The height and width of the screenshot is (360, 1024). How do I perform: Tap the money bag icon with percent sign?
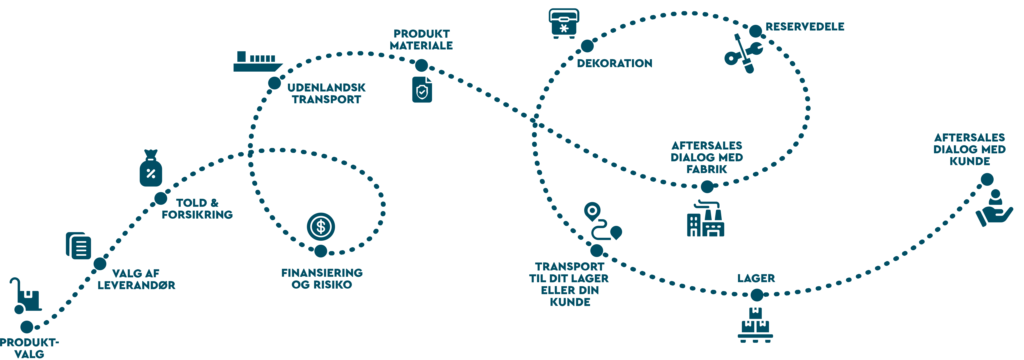pos(151,168)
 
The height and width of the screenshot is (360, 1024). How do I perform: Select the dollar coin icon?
pos(321,227)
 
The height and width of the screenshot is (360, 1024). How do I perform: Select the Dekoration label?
pos(615,63)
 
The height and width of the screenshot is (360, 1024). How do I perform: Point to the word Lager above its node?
pos(756,278)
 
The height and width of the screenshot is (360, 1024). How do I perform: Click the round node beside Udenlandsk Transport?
pos(274,83)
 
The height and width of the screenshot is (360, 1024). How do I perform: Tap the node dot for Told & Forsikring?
pos(161,198)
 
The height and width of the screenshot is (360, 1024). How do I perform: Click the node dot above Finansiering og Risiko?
pos(320,251)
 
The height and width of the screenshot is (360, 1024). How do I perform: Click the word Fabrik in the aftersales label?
pos(706,169)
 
